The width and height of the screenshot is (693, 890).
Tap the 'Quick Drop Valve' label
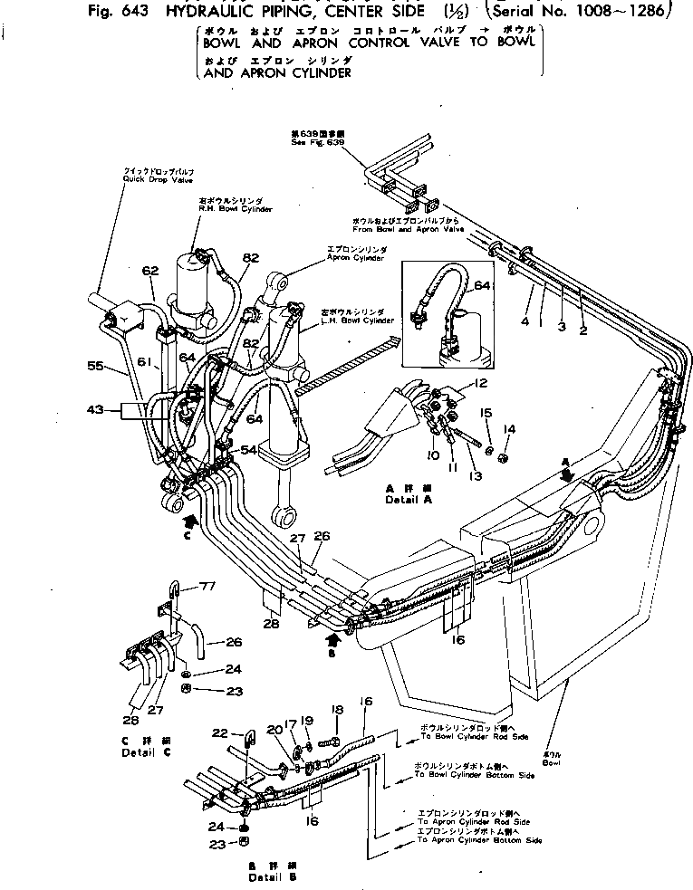point(145,179)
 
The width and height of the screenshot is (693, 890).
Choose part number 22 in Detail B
point(221,733)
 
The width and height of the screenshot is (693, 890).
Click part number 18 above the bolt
point(339,711)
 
